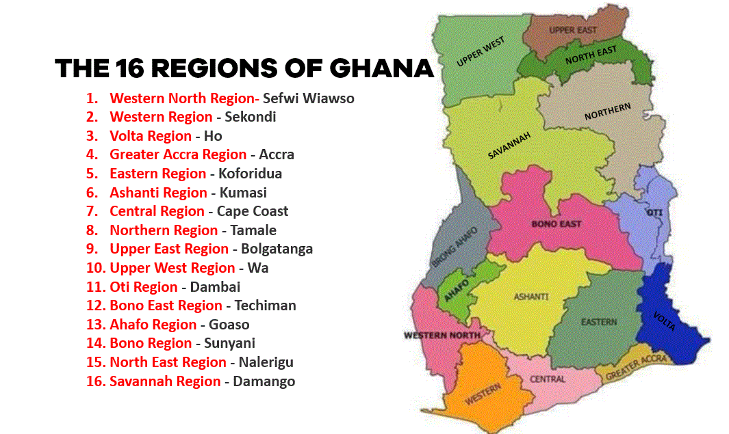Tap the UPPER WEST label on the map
coord(481,52)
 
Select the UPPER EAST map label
coord(572,30)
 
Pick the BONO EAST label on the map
coord(556,223)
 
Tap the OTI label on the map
coord(654,213)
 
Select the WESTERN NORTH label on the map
coord(442,336)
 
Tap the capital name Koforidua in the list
coord(250,174)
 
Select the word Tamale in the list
coord(253,230)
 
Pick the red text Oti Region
coord(143,287)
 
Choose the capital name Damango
coord(264,381)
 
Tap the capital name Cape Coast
coord(253,211)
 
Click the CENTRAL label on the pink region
coord(548,379)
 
